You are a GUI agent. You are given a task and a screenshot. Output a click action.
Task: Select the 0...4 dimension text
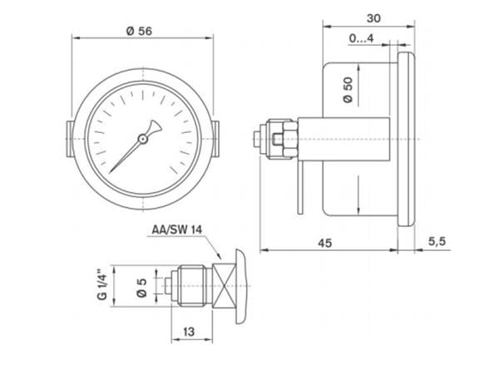(x=361, y=38)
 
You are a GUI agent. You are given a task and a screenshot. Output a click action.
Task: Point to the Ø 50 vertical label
(x=347, y=90)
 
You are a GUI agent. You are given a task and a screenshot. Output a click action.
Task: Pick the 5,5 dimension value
(x=438, y=241)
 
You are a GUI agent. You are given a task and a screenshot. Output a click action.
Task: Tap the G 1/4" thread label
(x=101, y=286)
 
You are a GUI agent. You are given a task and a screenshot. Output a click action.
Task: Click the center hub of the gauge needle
(x=142, y=139)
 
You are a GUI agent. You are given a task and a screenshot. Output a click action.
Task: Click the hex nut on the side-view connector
(x=283, y=138)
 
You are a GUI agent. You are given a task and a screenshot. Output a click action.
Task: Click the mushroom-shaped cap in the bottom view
(x=240, y=287)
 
